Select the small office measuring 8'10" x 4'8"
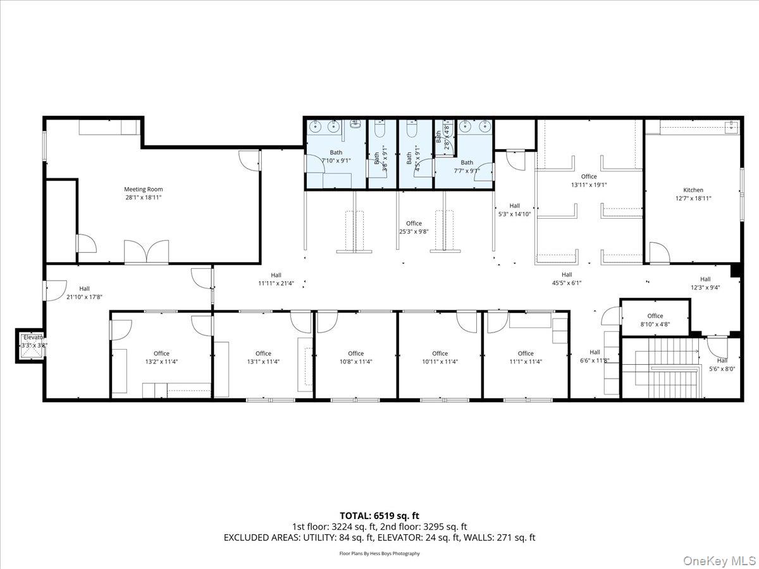tap(655, 320)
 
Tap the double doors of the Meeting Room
tap(146, 252)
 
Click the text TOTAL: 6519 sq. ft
tap(379, 515)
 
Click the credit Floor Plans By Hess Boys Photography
tap(379, 553)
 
